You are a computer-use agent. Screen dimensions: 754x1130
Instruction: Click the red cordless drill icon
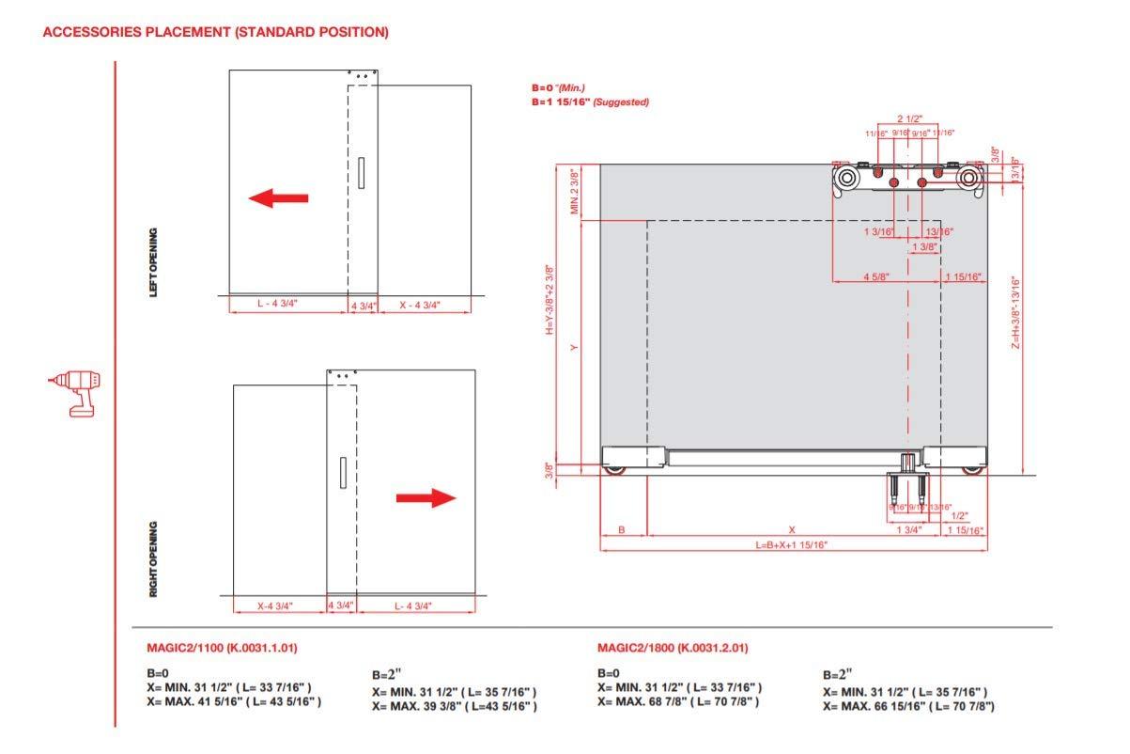[76, 393]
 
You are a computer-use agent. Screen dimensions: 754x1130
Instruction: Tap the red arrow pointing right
[426, 498]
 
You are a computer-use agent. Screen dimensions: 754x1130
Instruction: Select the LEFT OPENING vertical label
[154, 262]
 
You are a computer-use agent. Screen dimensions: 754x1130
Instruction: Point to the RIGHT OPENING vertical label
[154, 559]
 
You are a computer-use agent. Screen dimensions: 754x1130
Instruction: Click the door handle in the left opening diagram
[363, 174]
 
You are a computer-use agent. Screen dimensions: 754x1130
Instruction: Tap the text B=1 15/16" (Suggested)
[590, 102]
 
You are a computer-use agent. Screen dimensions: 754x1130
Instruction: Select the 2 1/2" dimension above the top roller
[908, 119]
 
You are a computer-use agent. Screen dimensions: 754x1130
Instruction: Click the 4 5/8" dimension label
[878, 276]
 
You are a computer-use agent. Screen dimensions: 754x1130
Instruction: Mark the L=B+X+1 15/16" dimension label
[792, 545]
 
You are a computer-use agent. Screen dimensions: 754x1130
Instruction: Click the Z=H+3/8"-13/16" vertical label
[1015, 313]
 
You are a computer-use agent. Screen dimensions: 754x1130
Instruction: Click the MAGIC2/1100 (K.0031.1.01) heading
[223, 649]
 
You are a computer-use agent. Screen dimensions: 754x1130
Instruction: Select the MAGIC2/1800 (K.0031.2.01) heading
[673, 649]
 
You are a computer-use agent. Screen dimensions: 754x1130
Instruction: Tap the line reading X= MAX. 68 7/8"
[678, 701]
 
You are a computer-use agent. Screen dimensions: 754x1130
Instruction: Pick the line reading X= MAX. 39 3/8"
[454, 706]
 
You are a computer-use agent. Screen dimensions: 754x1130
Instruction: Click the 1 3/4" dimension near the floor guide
[908, 530]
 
